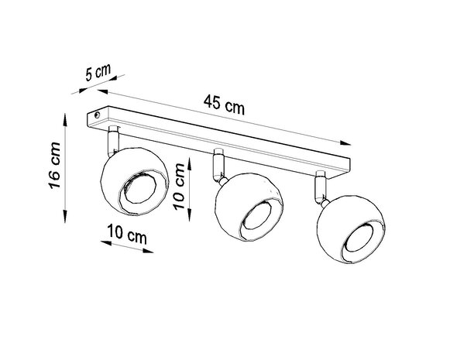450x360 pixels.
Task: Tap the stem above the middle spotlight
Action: point(218,163)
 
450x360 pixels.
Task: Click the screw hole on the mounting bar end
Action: point(97,115)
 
